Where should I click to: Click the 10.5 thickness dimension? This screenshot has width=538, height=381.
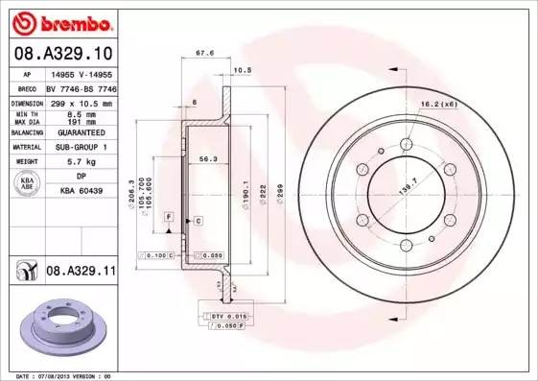[x=242, y=70]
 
